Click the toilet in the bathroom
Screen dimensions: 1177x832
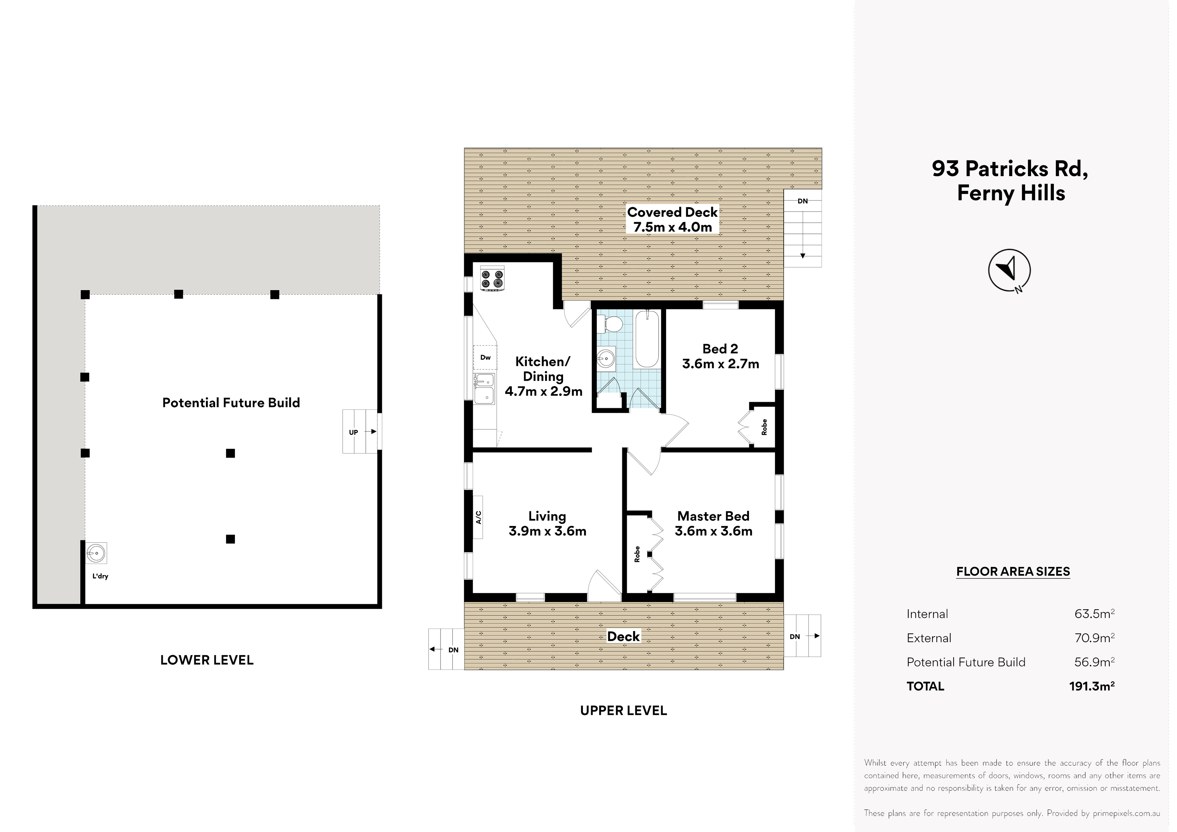(610, 324)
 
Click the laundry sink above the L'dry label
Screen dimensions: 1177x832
(96, 553)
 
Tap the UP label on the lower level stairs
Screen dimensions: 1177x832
(353, 432)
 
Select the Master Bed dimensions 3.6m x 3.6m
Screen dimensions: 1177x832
(714, 531)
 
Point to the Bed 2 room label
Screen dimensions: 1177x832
(720, 349)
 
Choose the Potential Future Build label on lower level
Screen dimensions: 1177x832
(231, 403)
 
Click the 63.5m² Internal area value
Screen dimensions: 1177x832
(1094, 614)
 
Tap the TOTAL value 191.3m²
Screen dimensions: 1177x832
(1092, 686)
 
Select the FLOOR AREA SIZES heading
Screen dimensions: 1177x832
(1013, 572)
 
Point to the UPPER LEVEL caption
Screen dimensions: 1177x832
(623, 711)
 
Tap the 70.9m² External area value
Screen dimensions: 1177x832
(1094, 638)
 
